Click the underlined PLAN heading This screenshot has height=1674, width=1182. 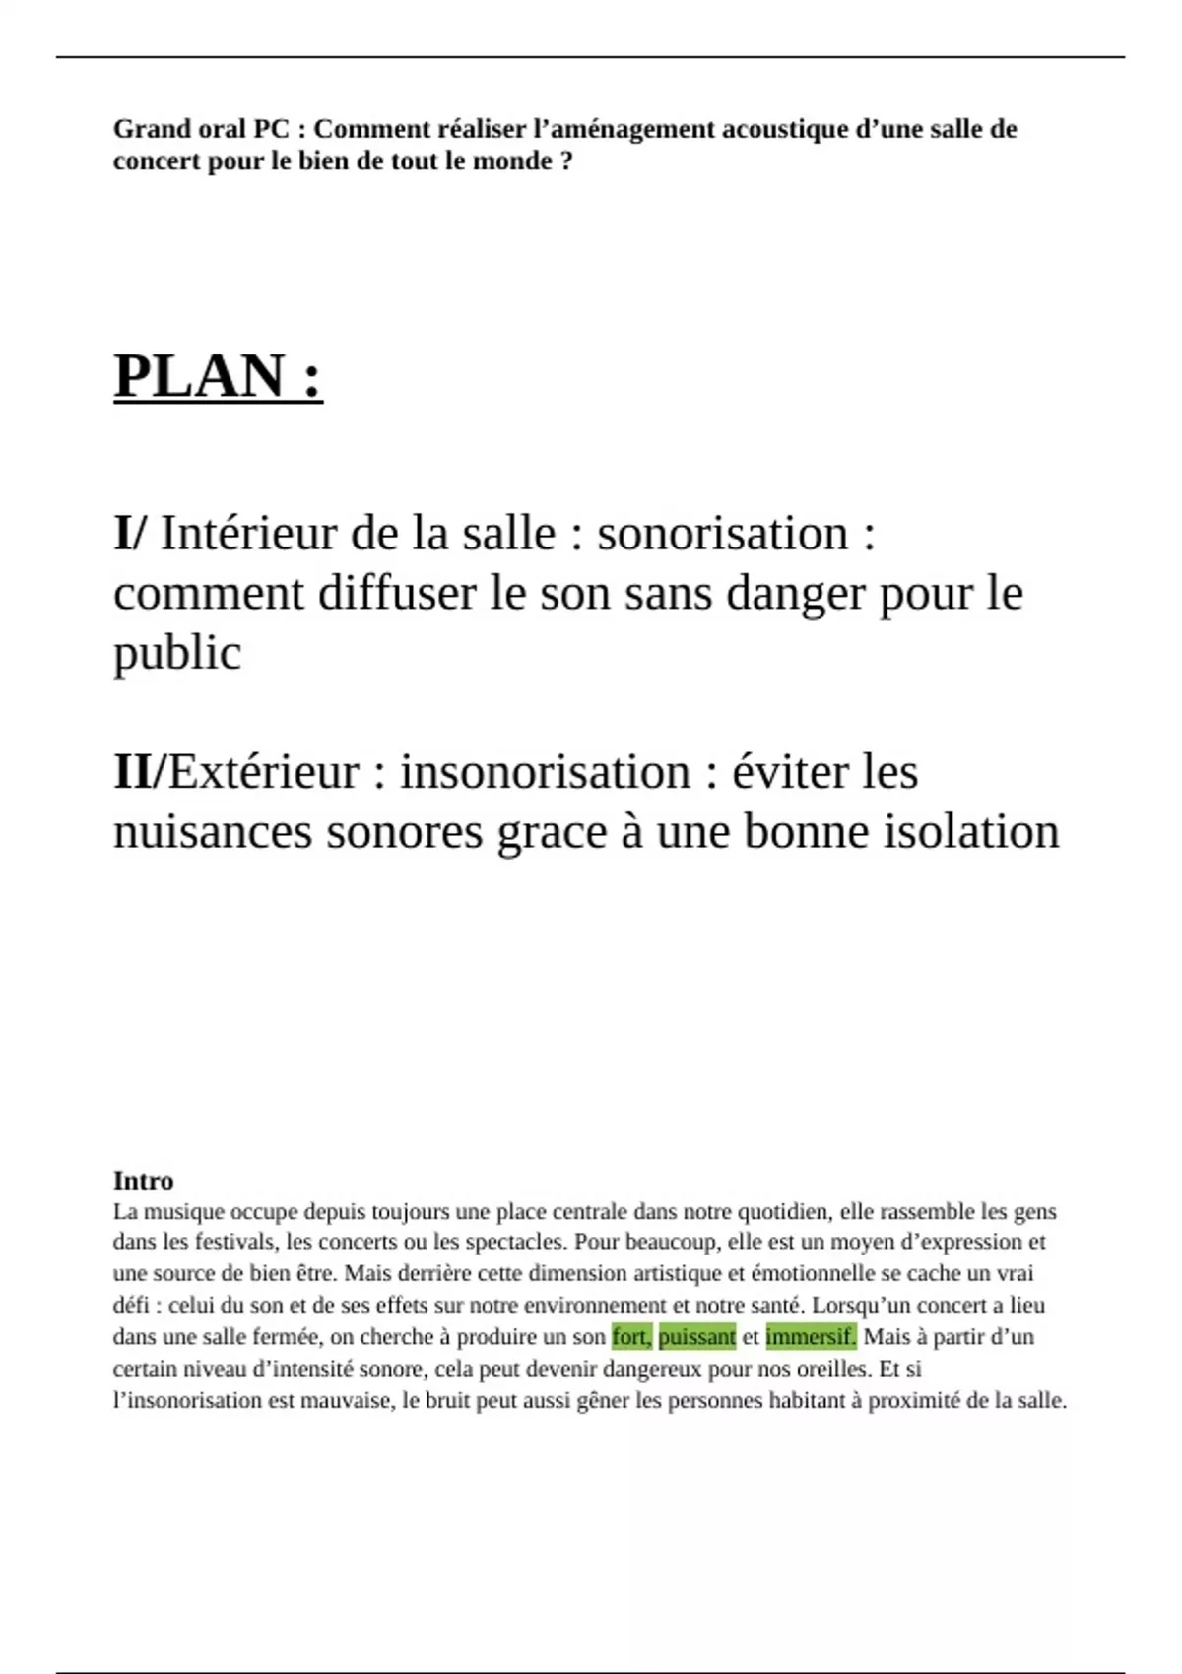(x=218, y=376)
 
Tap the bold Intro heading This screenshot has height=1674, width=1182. (x=143, y=1180)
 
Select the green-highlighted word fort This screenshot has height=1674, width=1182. (x=630, y=1336)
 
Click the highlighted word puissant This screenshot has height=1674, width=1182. (x=696, y=1336)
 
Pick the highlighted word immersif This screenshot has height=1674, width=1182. (x=810, y=1336)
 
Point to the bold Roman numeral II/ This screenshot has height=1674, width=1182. (x=139, y=771)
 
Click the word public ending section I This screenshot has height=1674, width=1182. (x=176, y=654)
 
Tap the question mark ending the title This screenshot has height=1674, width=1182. (x=565, y=161)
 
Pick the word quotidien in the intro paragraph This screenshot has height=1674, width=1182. (x=782, y=1211)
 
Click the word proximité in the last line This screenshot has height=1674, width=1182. (x=914, y=1400)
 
